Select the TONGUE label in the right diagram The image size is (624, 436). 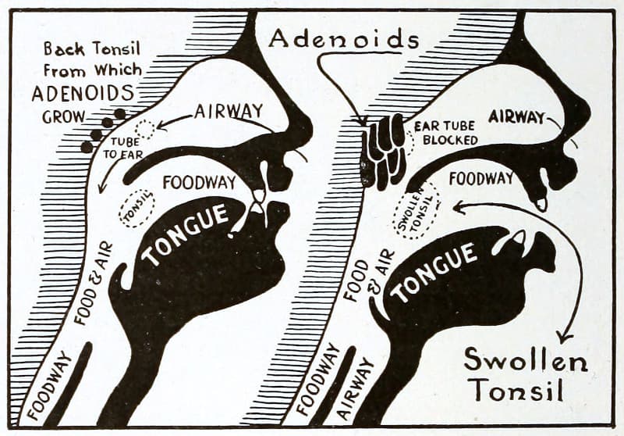pos(435,273)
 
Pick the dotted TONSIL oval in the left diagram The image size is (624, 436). pos(136,209)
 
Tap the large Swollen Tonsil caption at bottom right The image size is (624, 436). pos(525,374)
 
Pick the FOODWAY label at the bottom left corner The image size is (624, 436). pos(51,385)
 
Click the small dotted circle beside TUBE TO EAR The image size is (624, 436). pos(146,130)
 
